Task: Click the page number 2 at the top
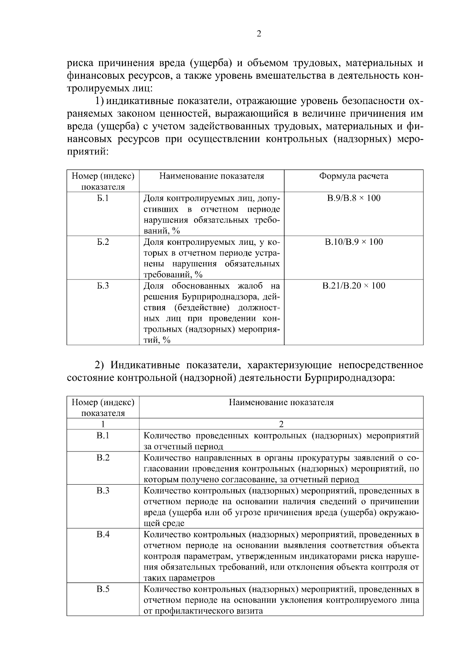(x=259, y=34)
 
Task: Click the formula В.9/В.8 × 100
(x=353, y=198)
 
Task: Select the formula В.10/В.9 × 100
(x=354, y=242)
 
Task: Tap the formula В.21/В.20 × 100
(x=354, y=286)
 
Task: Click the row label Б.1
(x=103, y=198)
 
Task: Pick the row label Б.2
(x=103, y=242)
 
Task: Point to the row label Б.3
(x=103, y=286)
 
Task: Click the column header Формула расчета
(x=353, y=176)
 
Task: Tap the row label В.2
(x=103, y=457)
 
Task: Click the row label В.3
(x=103, y=490)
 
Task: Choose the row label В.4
(x=103, y=534)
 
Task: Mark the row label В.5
(x=103, y=589)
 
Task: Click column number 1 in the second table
(x=103, y=424)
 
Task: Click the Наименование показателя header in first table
(x=211, y=176)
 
